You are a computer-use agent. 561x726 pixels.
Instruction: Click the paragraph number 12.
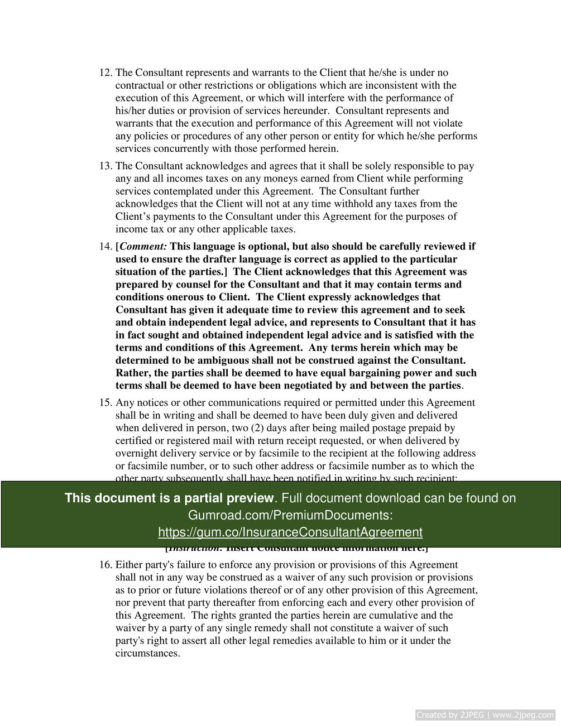(x=105, y=73)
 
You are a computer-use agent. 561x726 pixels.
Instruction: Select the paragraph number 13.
(x=105, y=166)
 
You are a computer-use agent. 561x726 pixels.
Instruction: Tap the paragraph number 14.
(x=105, y=247)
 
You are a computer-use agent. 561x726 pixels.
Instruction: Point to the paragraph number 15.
(x=105, y=403)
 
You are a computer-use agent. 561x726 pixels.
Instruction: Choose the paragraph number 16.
(x=105, y=565)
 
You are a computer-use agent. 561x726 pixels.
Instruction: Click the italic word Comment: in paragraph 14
(x=143, y=247)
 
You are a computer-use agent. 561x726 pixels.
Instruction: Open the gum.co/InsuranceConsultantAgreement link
(x=290, y=532)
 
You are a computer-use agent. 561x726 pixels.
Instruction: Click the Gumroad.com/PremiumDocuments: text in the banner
(x=290, y=515)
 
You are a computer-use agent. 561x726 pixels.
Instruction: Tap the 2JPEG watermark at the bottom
(x=485, y=715)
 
